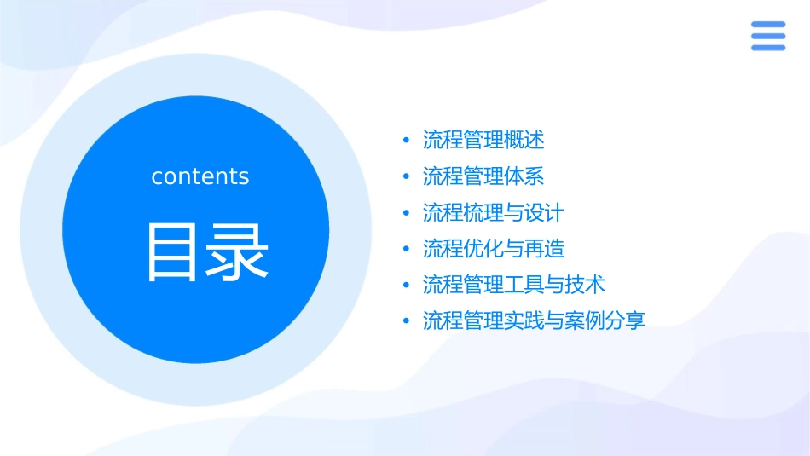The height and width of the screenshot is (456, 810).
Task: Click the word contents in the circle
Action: (x=200, y=176)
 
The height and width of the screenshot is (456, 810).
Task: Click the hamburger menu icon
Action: (x=767, y=36)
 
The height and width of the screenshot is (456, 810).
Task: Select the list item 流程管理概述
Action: (x=483, y=140)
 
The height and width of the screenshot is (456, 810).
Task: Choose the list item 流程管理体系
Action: (x=483, y=176)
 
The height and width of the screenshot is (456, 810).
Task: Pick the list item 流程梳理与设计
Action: (x=494, y=212)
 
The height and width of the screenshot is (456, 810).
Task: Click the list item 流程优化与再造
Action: (x=494, y=249)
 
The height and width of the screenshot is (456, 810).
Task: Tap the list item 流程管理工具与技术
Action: (x=514, y=285)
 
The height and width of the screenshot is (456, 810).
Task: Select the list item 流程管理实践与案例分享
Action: (x=535, y=321)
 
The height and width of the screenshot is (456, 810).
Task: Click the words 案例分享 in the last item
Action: (x=605, y=321)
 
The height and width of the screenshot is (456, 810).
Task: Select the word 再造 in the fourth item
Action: (x=545, y=249)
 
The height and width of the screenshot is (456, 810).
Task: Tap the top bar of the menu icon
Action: (x=767, y=25)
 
